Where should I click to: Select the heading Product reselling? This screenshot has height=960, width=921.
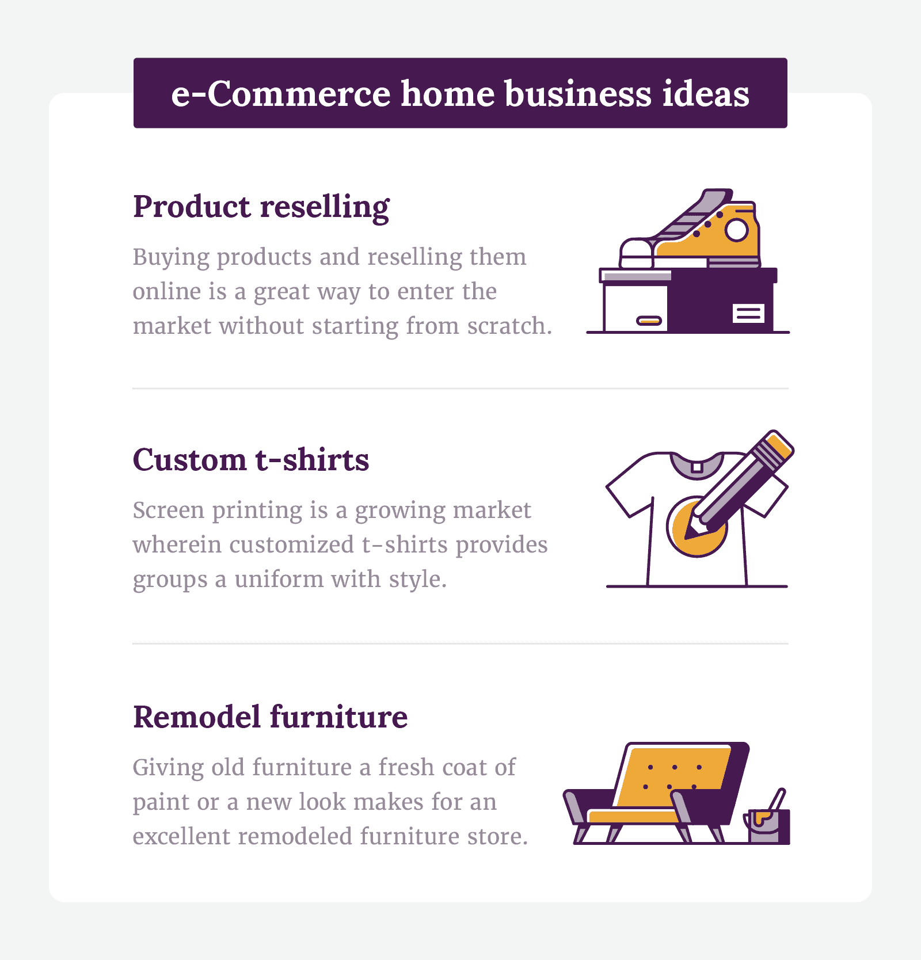[x=261, y=207]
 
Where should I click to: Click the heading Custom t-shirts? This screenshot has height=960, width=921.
[x=251, y=460]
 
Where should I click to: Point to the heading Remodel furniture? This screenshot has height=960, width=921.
[x=270, y=717]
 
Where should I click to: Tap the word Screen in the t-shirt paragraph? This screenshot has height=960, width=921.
[x=168, y=511]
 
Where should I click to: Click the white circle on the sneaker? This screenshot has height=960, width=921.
[x=736, y=230]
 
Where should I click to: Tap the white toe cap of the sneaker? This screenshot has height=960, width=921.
[x=637, y=253]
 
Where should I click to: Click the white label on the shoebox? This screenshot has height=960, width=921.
[x=748, y=314]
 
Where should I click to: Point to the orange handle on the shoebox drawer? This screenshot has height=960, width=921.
[x=649, y=321]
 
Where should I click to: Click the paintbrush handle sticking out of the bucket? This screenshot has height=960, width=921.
[x=777, y=799]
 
